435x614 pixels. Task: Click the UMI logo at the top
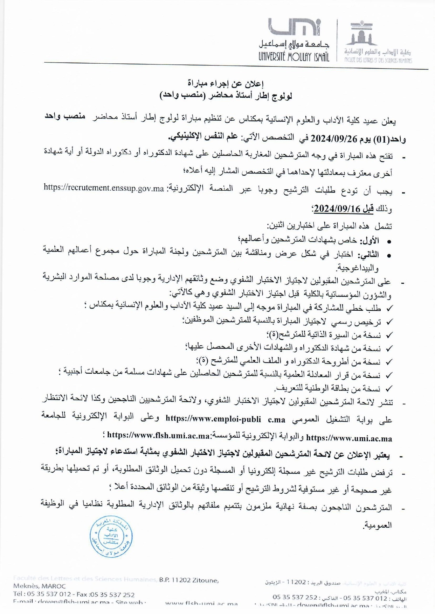click(294, 28)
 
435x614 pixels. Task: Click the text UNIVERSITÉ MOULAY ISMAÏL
click(294, 56)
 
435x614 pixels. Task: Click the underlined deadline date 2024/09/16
click(337, 209)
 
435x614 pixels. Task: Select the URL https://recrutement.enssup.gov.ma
click(104, 188)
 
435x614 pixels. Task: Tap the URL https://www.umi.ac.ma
click(349, 438)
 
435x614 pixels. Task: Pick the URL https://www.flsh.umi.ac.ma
click(158, 436)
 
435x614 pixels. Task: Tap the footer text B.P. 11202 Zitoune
click(189, 580)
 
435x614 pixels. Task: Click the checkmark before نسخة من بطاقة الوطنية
click(388, 388)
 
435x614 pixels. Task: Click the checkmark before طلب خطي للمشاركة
click(388, 308)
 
